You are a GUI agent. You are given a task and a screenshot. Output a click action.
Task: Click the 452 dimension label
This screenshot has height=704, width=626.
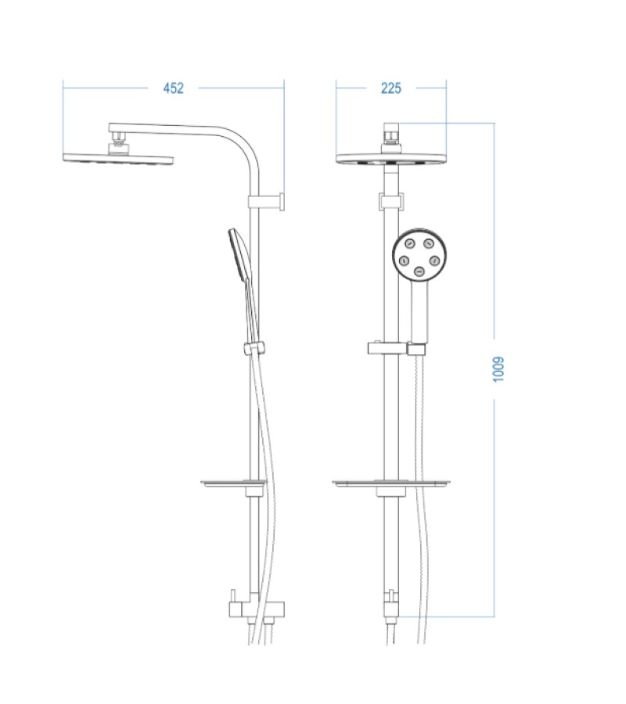[173, 88]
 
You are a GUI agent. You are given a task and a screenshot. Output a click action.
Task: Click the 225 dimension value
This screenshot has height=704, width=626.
[390, 88]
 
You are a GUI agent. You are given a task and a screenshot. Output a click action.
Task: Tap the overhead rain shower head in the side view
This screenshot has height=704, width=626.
[117, 158]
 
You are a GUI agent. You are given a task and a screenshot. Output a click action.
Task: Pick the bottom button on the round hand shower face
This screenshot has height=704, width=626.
[419, 271]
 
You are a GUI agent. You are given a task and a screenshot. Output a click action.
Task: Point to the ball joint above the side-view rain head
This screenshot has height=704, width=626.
[118, 141]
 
